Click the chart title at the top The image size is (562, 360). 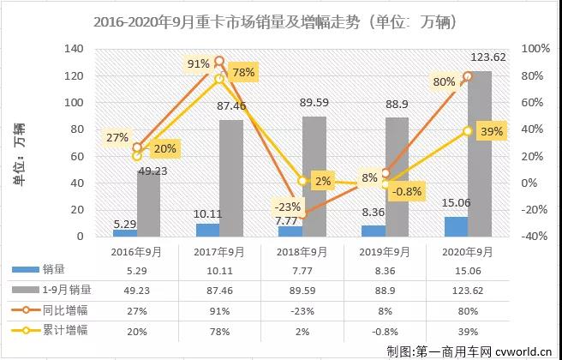(x=282, y=21)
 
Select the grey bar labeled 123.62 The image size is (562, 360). (x=479, y=154)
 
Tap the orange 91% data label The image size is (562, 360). (x=199, y=63)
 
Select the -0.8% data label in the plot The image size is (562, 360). (x=408, y=192)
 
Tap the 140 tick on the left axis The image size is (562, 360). (x=76, y=50)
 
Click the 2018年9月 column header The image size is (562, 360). (x=303, y=251)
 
